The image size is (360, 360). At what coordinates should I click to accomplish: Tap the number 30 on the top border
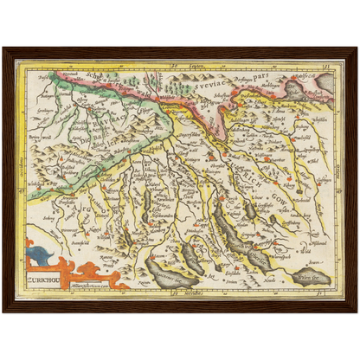[173, 65]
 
